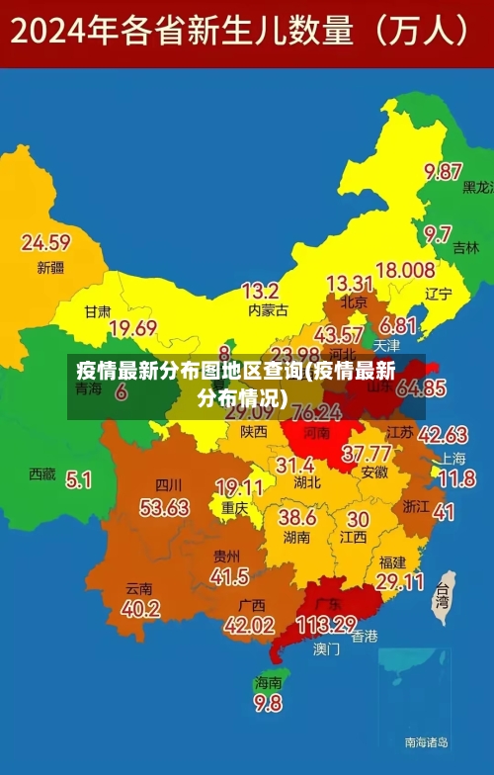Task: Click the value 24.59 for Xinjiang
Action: point(46,242)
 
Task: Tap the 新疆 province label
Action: point(50,267)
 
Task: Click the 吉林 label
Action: point(464,249)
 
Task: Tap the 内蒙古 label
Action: point(268,310)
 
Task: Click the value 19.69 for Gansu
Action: point(133,328)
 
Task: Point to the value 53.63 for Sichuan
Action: point(164,508)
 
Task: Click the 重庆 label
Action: point(235,508)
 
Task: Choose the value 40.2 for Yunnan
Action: point(141,609)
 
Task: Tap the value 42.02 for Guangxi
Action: point(249,625)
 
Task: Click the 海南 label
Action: point(268,682)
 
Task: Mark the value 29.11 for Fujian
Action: point(400,582)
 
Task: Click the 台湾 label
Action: point(443,598)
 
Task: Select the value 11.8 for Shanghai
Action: point(456,479)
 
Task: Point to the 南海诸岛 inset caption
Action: point(426,740)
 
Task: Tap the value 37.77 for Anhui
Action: point(367,454)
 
